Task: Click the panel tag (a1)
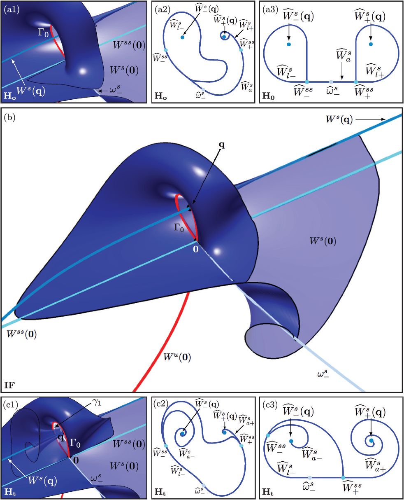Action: tap(10, 8)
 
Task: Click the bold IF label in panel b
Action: tap(10, 385)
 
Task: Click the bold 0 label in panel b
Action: tap(196, 249)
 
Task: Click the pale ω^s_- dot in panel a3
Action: tap(331, 82)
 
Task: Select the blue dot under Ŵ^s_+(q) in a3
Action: tap(371, 44)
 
